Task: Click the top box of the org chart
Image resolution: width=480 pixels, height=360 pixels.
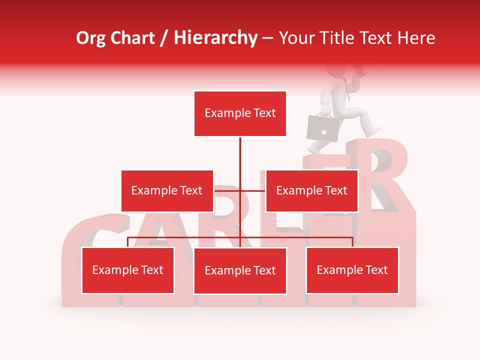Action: [240, 113]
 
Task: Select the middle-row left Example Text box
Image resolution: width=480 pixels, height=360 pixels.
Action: [167, 190]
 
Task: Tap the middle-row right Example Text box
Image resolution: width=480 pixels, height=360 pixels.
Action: [311, 190]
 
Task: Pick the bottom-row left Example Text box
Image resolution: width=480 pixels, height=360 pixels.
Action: [128, 270]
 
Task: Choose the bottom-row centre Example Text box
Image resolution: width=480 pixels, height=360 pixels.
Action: [240, 270]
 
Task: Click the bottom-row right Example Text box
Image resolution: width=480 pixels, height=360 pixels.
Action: [352, 270]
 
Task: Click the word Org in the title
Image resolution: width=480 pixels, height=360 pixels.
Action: [90, 38]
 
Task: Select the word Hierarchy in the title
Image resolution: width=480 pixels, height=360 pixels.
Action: [215, 38]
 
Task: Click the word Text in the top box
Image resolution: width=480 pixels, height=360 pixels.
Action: [264, 113]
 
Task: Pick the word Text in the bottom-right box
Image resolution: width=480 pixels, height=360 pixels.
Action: [377, 270]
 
